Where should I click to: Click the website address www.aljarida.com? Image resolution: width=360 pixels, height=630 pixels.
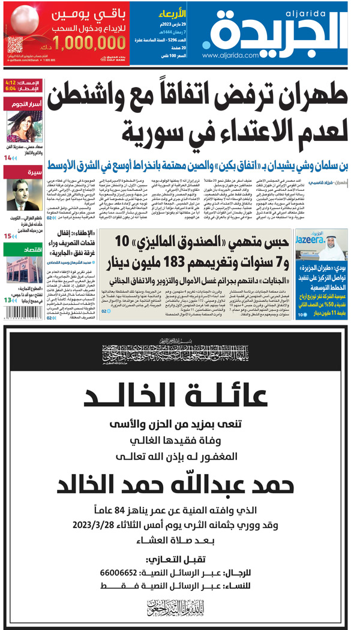point(235,55)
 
